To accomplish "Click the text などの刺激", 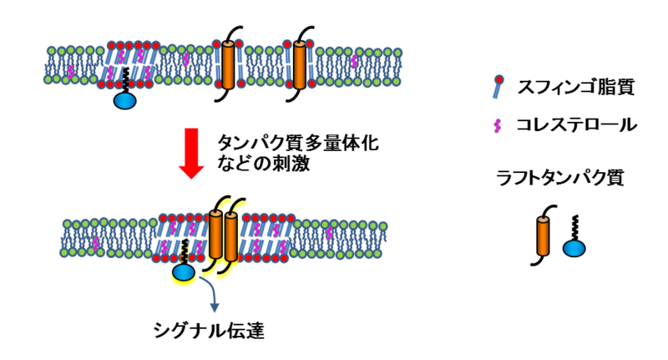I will [x=263, y=164].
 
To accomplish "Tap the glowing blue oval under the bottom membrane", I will [x=184, y=272].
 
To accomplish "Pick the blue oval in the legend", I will [x=574, y=250].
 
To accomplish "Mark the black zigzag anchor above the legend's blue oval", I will [x=574, y=226].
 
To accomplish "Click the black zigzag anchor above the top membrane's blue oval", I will [x=125, y=80].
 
